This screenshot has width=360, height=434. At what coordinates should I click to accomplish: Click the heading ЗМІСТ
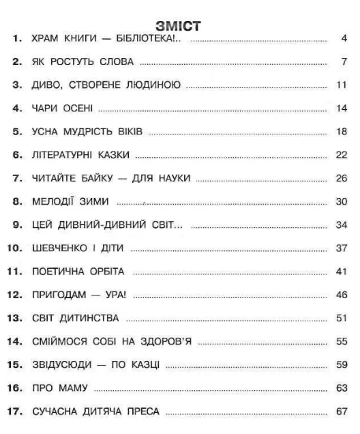point(179,26)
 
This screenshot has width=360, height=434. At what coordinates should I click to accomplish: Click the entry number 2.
point(18,62)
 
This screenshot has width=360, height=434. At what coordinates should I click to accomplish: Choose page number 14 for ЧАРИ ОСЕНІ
point(342,108)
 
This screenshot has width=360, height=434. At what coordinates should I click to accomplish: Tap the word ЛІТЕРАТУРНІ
point(63,155)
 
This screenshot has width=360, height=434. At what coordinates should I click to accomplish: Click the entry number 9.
point(18,225)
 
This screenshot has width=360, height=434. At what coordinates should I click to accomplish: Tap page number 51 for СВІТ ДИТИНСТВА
point(342,319)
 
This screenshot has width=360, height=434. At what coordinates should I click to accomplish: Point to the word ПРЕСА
point(141,412)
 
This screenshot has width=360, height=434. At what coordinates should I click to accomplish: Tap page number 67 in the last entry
point(342,412)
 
